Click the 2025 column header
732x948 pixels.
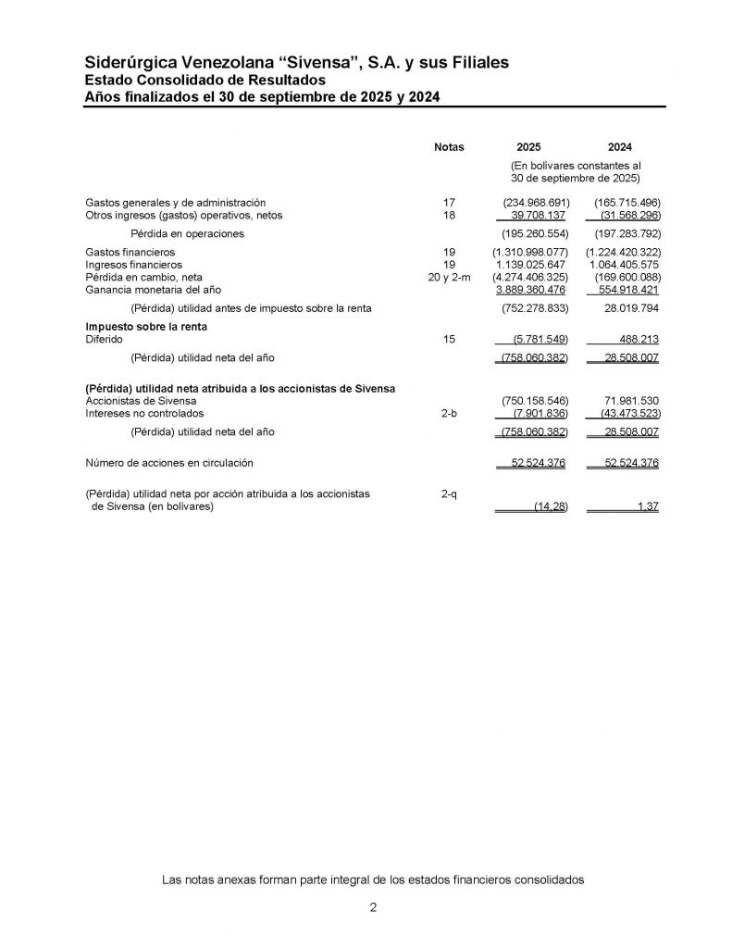click(529, 147)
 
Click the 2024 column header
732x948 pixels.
click(620, 147)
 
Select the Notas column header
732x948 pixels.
click(449, 147)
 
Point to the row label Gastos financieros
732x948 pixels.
click(130, 252)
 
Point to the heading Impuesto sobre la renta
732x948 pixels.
click(145, 327)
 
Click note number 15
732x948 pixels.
click(450, 340)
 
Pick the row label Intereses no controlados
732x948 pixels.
click(144, 413)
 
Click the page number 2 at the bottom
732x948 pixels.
click(373, 908)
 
